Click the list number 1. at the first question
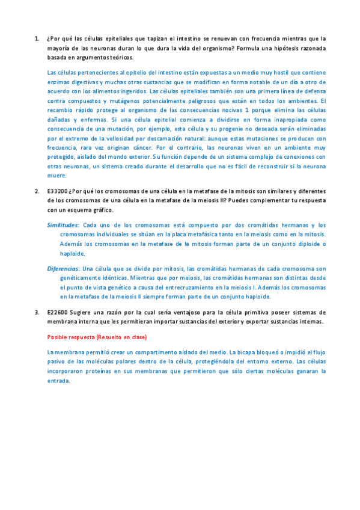(x=36, y=37)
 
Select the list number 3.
(x=36, y=312)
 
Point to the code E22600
(x=56, y=312)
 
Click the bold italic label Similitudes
(x=63, y=224)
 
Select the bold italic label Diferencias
(x=63, y=268)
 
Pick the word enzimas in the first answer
(x=58, y=81)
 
